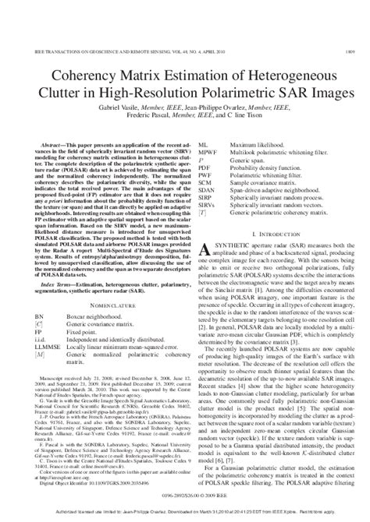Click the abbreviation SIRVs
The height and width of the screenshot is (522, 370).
tap(208, 205)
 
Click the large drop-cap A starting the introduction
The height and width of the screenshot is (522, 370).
tap(200, 249)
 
